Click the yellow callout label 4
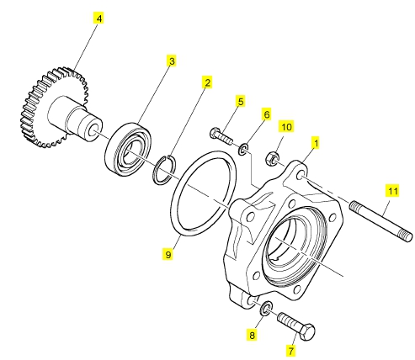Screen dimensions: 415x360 98,19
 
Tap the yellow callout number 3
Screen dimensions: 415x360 172,61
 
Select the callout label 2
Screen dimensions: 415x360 207,82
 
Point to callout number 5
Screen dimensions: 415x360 241,102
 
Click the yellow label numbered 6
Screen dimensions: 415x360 266,114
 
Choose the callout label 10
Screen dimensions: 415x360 286,126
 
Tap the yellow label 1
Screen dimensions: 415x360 317,143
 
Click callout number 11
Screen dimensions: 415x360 392,191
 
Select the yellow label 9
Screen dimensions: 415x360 168,254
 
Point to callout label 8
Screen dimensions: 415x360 252,335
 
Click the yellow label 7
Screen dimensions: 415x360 290,351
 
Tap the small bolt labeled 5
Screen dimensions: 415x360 221,135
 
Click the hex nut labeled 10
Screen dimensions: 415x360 272,158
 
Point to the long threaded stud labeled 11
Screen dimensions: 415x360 381,221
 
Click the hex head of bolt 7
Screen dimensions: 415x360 306,332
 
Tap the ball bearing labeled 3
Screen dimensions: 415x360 128,149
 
